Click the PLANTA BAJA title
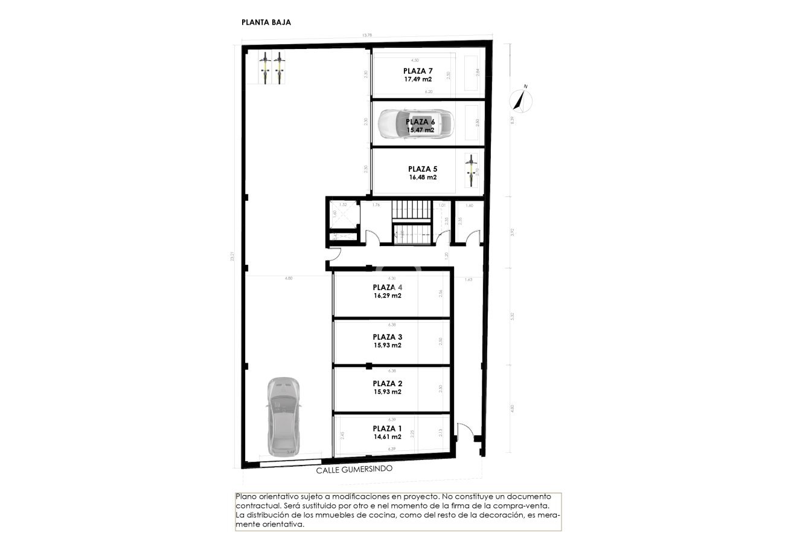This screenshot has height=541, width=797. click(266, 23)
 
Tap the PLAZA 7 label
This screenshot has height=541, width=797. click(418, 71)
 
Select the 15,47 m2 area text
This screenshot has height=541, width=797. click(420, 130)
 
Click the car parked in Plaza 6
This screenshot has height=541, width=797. click(415, 125)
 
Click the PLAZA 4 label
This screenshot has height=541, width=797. click(387, 288)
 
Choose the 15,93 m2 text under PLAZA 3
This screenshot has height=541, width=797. click(387, 345)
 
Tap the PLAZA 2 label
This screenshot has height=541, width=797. click(387, 383)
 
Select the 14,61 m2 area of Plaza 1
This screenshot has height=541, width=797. click(387, 436)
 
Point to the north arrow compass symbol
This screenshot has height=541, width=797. click(521, 100)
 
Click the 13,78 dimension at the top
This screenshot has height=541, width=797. click(366, 36)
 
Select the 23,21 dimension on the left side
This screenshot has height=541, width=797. click(232, 256)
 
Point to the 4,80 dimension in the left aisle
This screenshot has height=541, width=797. click(289, 278)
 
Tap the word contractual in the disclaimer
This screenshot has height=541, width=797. click(258, 505)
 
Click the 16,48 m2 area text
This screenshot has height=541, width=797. click(422, 178)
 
